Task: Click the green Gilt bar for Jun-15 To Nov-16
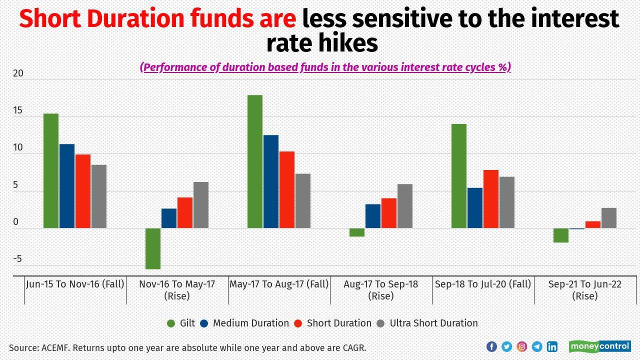click(51, 170)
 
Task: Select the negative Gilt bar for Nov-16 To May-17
click(153, 248)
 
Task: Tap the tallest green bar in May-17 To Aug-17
click(255, 161)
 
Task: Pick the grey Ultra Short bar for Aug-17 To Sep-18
click(405, 206)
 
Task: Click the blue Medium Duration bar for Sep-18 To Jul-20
click(475, 208)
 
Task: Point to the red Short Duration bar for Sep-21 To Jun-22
click(593, 224)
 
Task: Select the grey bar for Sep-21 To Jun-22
click(609, 218)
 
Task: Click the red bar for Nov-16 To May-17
click(185, 212)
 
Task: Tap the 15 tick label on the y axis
click(18, 110)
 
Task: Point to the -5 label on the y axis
click(17, 259)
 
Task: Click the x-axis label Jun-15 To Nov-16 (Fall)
click(75, 284)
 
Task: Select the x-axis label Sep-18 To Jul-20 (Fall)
click(483, 284)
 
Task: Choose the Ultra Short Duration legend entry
click(433, 323)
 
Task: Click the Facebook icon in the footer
click(491, 346)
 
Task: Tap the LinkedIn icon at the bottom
click(552, 346)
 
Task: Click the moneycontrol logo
click(599, 346)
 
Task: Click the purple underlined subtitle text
click(325, 67)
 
